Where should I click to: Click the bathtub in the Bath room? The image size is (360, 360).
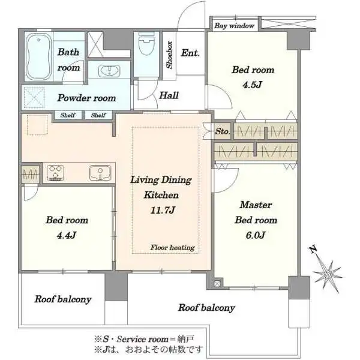(x=38, y=57)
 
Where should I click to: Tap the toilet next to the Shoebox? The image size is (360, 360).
(x=147, y=44)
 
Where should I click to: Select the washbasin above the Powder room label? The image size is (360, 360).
(x=109, y=70)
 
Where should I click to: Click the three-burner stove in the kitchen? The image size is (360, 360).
(x=55, y=173)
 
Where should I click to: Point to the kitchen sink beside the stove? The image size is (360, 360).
(x=100, y=173)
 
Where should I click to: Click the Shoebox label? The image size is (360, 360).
(x=169, y=55)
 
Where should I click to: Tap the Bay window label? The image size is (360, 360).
(x=235, y=25)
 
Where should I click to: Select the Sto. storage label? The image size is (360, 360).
(x=223, y=131)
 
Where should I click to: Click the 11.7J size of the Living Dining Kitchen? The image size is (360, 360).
(x=163, y=211)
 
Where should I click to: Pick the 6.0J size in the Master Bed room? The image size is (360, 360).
(x=256, y=235)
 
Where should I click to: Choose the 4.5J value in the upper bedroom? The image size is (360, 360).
(x=253, y=85)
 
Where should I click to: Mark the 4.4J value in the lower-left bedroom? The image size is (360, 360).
(x=67, y=235)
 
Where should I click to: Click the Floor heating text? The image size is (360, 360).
(x=173, y=247)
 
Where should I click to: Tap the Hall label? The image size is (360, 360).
(x=169, y=95)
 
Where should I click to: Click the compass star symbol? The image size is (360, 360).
(x=328, y=274)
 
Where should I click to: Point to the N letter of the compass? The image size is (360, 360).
(x=313, y=249)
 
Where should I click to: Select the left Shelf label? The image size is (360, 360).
(x=68, y=115)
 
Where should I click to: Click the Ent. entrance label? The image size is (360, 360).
(x=190, y=53)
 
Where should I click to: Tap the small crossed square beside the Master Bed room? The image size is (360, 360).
(x=217, y=284)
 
